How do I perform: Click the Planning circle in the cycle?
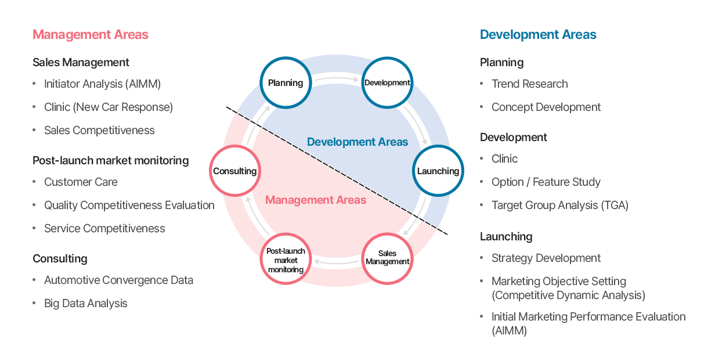tap(286, 82)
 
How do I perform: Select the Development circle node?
tap(387, 82)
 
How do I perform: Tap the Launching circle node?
tap(438, 171)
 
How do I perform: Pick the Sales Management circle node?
tap(387, 258)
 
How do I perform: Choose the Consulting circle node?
tap(234, 171)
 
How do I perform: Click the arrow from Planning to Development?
tap(337, 77)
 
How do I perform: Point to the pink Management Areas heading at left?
tap(91, 34)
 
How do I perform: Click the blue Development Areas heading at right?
tap(538, 34)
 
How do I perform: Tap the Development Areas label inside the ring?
tap(357, 142)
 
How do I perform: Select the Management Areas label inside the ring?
tap(316, 200)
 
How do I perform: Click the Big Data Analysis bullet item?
tap(85, 303)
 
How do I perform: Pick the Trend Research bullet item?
tap(529, 84)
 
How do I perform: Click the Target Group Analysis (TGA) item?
tap(559, 205)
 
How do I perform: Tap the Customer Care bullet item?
tap(81, 182)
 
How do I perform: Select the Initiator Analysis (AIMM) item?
tap(102, 84)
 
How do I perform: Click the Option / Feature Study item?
tap(546, 182)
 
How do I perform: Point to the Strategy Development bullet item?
tap(546, 258)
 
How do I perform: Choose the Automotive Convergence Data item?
tap(118, 280)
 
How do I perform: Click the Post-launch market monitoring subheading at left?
tap(110, 160)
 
